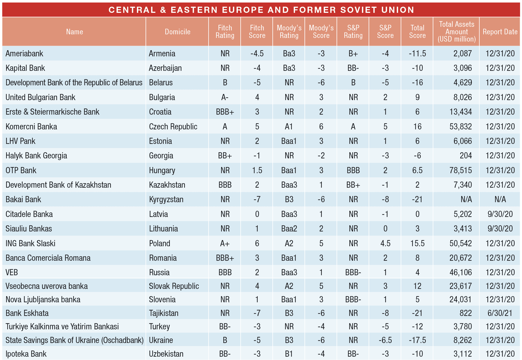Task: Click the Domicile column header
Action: coord(177,32)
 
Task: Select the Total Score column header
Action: coord(417,32)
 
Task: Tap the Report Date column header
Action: coord(500,32)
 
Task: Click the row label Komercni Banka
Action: coord(31,127)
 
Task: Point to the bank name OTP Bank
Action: coord(21,170)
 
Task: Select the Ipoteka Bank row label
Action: coord(26,354)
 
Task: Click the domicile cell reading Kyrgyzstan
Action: coord(166,199)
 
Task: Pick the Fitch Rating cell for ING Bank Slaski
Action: coord(225,243)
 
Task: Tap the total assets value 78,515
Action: coord(460,170)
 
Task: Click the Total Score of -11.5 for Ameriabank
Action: coord(417,54)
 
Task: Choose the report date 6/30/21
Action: coord(500,313)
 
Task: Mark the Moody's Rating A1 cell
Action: coord(289,127)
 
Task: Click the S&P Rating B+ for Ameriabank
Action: coord(353,54)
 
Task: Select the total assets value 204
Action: coord(466,156)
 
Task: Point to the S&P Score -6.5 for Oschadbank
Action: coord(385,340)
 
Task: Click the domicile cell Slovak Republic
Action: coord(174,286)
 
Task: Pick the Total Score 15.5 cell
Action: coord(417,243)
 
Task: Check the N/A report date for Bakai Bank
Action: coord(500,199)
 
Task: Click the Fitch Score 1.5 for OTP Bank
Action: coord(257,170)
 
